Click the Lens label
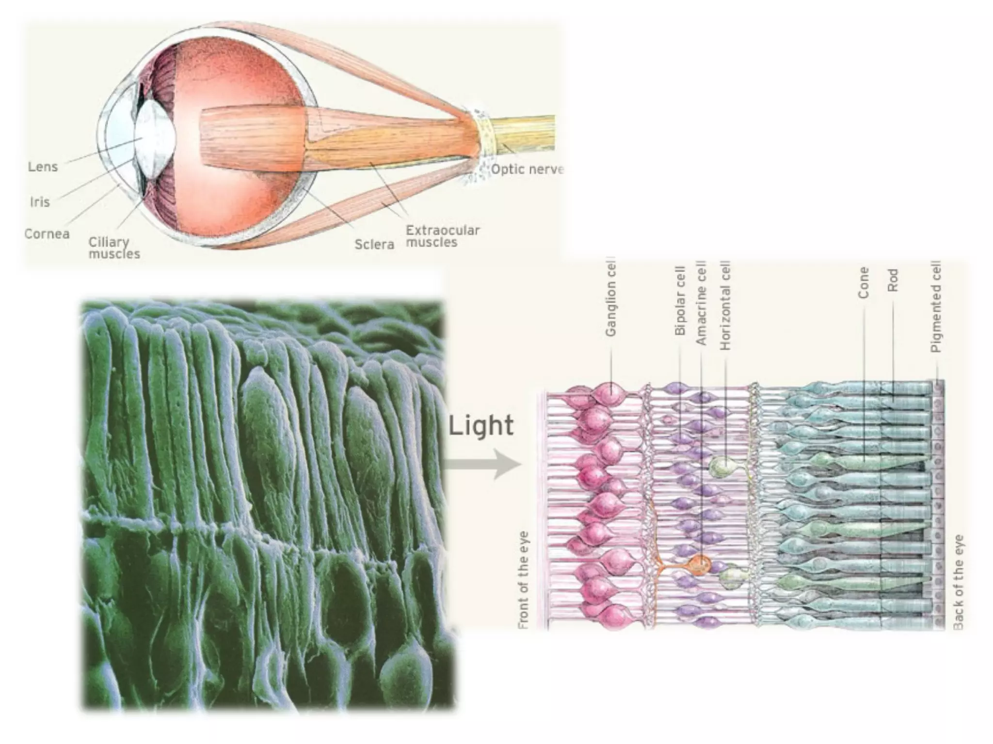pos(43,167)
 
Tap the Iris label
pos(40,201)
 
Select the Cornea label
pos(47,234)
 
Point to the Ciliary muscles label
pos(114,248)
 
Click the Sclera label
pos(374,244)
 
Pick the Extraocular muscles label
pos(442,236)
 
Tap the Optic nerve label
pos(527,170)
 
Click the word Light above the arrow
pos(480,426)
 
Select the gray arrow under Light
pos(482,464)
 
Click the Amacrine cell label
pos(701,303)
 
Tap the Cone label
pos(863,283)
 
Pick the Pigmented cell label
pos(936,306)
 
